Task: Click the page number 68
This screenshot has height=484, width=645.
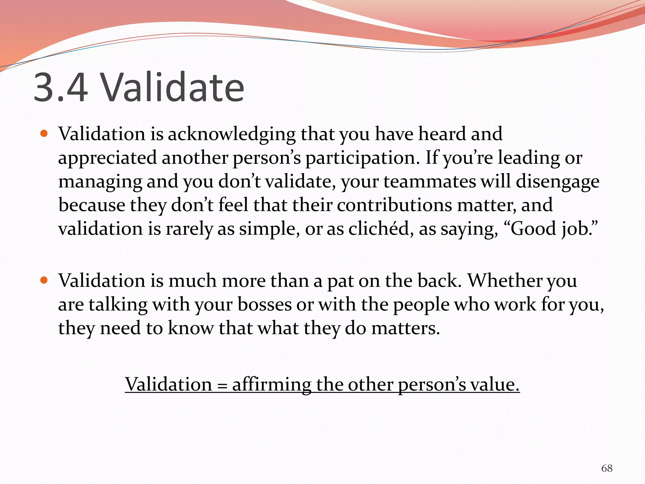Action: click(607, 468)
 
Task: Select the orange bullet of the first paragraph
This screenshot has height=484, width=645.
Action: click(44, 134)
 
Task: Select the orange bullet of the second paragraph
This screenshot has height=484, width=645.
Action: click(44, 280)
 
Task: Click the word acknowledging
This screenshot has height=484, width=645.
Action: click(231, 134)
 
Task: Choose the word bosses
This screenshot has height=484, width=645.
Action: click(265, 304)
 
